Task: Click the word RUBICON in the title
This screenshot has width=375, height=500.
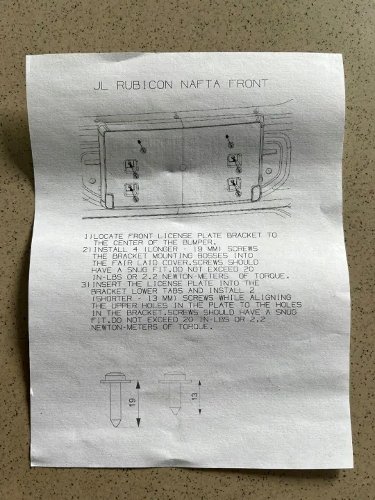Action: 144,85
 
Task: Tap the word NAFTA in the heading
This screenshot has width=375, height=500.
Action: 200,84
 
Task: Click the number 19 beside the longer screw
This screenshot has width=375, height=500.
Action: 133,402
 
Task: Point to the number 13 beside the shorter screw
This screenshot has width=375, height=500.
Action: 194,397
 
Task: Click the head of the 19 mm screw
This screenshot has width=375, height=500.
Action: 115,378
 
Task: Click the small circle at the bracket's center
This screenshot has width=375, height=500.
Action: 183,167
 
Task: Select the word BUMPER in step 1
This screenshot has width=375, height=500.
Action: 197,242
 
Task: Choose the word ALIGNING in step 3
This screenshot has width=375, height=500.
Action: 270,297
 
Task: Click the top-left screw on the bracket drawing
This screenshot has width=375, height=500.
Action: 142,146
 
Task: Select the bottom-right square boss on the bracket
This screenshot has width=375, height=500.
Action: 234,185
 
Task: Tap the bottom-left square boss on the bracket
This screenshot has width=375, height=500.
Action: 131,190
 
